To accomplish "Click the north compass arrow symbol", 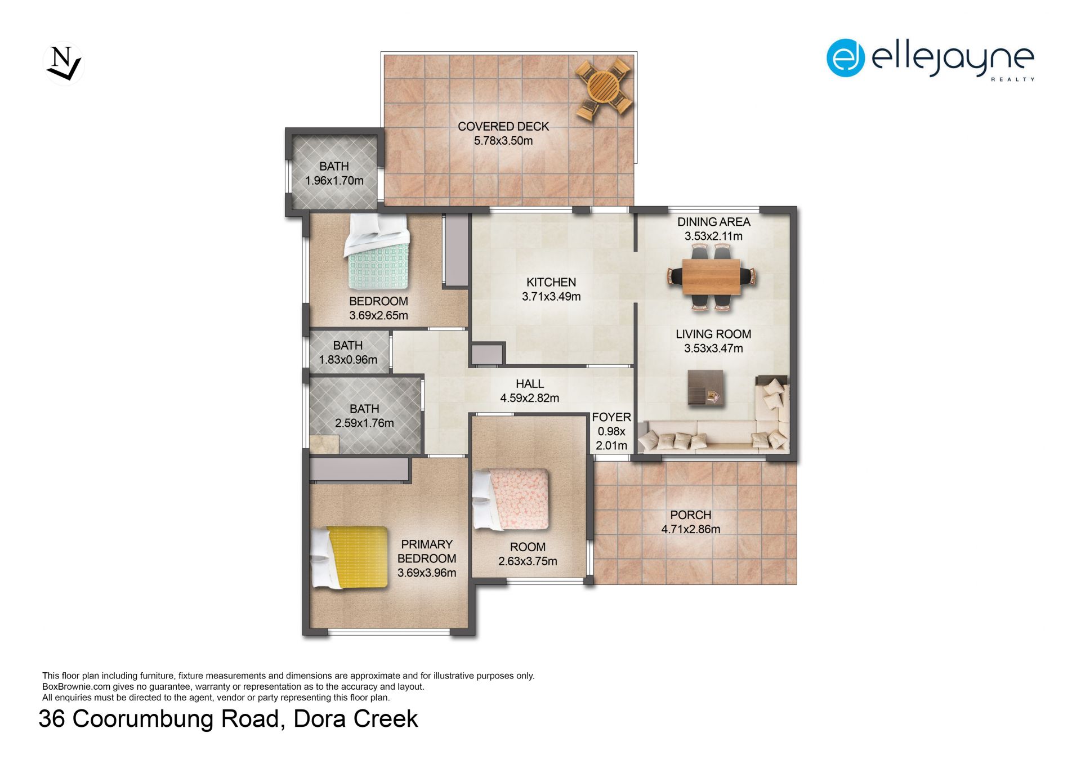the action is [x=64, y=64].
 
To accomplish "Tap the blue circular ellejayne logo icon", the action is [x=845, y=58].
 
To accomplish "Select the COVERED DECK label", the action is [x=503, y=127].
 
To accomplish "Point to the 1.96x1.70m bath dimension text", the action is [x=334, y=181].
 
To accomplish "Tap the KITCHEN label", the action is [x=551, y=282].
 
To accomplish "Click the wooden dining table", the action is [x=711, y=276].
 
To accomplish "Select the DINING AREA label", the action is [x=713, y=222].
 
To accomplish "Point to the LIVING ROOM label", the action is [x=713, y=334].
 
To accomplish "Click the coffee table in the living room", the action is [x=705, y=387].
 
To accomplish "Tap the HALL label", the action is [x=530, y=384].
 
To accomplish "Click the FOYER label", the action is [x=611, y=417].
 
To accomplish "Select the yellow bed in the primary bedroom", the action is [x=350, y=557].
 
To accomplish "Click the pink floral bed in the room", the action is [x=511, y=499].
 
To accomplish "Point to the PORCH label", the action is [x=690, y=515].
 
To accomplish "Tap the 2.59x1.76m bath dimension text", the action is [x=364, y=423].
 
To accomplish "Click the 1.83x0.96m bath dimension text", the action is [x=348, y=360].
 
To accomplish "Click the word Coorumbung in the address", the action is [x=175, y=719].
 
